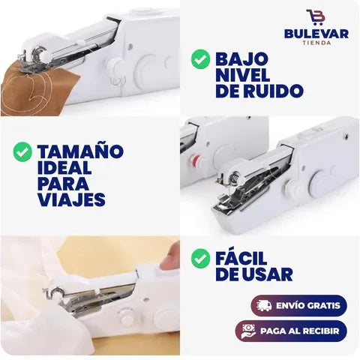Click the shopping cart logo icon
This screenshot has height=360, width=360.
pyautogui.click(x=316, y=17)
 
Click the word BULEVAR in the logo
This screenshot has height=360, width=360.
pyautogui.click(x=316, y=34)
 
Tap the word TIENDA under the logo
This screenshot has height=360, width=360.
pyautogui.click(x=316, y=43)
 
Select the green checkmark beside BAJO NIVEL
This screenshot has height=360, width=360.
pyautogui.click(x=200, y=59)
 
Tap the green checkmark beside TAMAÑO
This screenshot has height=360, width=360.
pyautogui.click(x=22, y=151)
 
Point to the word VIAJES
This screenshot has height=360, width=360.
pyautogui.click(x=71, y=199)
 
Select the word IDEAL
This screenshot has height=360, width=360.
pyautogui.click(x=64, y=167)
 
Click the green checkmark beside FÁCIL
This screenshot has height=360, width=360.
pyautogui.click(x=200, y=259)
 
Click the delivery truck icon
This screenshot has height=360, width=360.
pyautogui.click(x=264, y=305)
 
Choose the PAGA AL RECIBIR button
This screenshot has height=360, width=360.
pyautogui.click(x=291, y=331)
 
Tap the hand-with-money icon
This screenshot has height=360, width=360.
pyautogui.click(x=248, y=331)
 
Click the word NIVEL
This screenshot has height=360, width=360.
pyautogui.click(x=242, y=75)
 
